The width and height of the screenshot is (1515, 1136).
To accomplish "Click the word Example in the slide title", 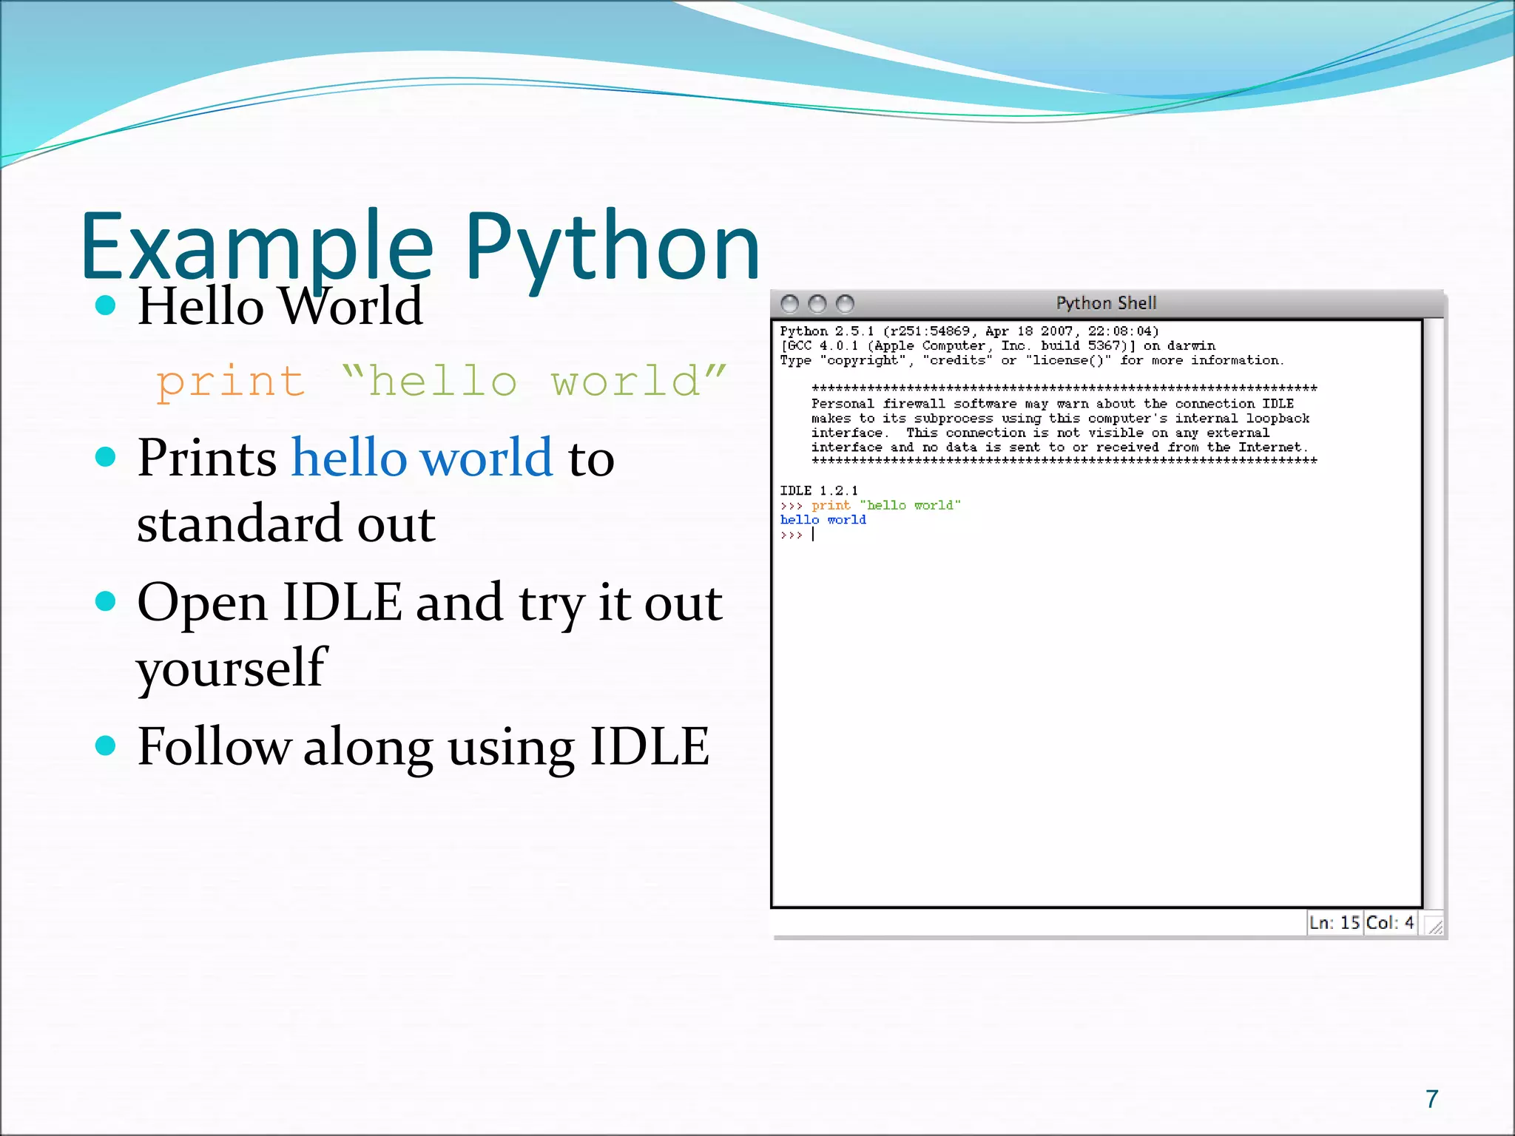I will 255,248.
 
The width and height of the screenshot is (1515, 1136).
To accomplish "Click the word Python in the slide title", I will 612,248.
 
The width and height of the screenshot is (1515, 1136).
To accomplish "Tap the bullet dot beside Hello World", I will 106,305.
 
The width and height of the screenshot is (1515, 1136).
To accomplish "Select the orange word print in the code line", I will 230,382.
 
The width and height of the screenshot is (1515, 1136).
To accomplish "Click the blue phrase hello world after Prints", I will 422,458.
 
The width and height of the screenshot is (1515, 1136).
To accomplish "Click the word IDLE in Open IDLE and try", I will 342,602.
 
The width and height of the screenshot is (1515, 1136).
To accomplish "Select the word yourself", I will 230,668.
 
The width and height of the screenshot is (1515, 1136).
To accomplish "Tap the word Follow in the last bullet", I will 214,746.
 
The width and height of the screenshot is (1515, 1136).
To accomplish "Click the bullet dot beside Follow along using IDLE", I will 106,745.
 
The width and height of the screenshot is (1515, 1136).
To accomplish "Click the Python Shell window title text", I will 1105,303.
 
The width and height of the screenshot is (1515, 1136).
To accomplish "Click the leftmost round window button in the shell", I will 789,304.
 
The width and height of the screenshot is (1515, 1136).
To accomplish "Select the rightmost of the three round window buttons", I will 845,304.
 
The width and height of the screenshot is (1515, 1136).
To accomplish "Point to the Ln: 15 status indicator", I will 1334,922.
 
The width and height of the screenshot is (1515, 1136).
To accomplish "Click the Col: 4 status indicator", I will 1389,922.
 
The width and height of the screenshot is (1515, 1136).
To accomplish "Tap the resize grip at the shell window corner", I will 1434,926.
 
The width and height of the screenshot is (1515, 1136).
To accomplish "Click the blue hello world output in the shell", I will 823,520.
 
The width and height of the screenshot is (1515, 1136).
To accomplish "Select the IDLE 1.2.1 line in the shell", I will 818,490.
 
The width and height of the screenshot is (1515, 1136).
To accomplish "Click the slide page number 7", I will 1432,1099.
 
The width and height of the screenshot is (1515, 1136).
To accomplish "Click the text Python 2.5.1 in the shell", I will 826,331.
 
